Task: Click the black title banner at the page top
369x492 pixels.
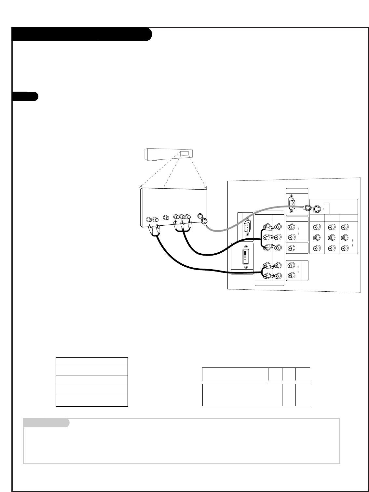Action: pos(81,34)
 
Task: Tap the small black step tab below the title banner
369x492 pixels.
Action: pos(25,97)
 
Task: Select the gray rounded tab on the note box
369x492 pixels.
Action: pos(46,423)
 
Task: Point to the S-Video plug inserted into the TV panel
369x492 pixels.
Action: pos(307,208)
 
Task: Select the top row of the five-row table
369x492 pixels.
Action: pos(92,362)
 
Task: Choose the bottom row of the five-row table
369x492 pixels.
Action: pos(92,401)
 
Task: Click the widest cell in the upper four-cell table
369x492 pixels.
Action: pos(235,374)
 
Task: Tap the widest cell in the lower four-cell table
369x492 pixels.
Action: pos(235,395)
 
